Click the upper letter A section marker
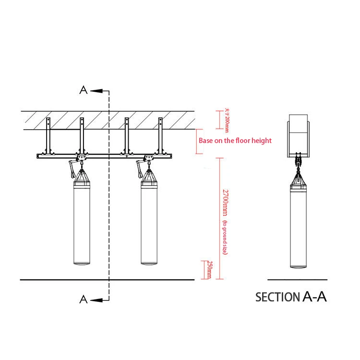(84, 90)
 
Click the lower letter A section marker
(84, 300)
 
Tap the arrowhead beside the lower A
(95, 300)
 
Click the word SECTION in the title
(277, 297)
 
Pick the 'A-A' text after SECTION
(315, 296)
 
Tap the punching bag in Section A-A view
(298, 228)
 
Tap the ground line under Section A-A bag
(298, 279)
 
